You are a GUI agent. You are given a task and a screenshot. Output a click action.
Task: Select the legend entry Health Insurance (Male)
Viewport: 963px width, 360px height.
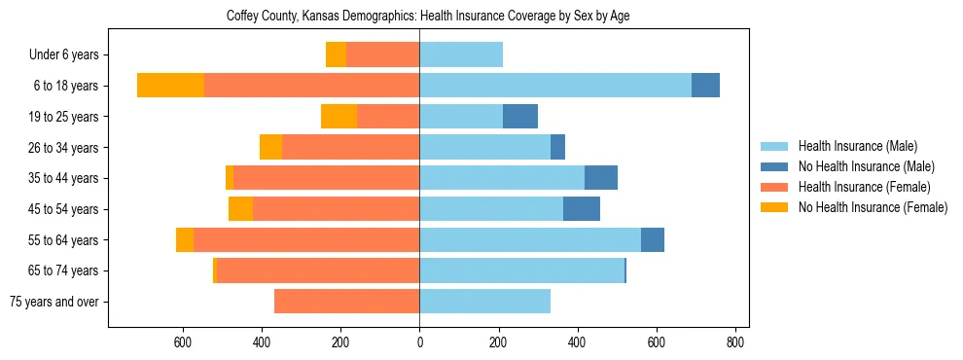point(857,146)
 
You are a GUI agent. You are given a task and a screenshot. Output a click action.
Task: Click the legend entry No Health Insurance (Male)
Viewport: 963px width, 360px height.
point(866,166)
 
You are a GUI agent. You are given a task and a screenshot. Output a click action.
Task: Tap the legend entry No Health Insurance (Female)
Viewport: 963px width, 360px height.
point(873,207)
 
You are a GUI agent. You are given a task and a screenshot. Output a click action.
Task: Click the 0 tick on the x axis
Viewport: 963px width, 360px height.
point(419,342)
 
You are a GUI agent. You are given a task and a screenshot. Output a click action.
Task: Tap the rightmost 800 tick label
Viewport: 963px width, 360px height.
point(735,342)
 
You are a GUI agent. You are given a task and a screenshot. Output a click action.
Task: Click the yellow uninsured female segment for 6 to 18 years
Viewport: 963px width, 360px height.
point(170,86)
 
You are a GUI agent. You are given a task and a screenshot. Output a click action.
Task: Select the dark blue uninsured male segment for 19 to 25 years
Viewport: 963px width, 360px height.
point(520,117)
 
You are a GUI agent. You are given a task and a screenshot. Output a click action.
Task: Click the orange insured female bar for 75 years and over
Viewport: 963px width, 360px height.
point(346,302)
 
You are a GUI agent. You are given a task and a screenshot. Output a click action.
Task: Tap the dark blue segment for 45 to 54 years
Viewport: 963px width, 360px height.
point(582,209)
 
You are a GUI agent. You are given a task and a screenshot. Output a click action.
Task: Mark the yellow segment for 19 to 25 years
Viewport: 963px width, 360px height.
point(339,117)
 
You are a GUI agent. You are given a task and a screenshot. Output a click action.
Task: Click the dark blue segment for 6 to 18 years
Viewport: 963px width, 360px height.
point(705,86)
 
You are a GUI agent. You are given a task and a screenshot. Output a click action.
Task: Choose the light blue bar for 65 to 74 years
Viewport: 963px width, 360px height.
point(521,270)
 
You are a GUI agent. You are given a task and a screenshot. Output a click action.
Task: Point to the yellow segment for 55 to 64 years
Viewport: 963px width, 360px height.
point(185,240)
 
